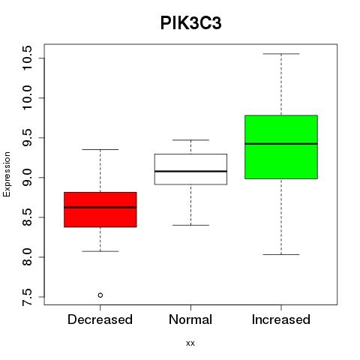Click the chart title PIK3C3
click(190, 23)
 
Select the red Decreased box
click(100, 209)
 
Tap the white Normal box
click(190, 169)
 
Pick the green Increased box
click(281, 147)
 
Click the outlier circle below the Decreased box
click(100, 295)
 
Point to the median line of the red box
click(100, 207)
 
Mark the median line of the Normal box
click(190, 171)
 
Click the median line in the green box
click(281, 144)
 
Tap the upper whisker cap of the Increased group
click(281, 54)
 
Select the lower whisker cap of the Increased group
click(281, 254)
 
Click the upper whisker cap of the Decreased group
click(100, 149)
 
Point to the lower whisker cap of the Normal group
click(190, 225)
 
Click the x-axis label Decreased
click(100, 319)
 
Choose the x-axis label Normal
click(190, 319)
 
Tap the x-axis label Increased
click(281, 319)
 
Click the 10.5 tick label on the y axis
click(27, 58)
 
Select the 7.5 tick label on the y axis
click(27, 297)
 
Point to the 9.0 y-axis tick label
click(27, 178)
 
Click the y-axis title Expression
click(7, 174)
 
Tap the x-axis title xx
click(190, 343)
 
